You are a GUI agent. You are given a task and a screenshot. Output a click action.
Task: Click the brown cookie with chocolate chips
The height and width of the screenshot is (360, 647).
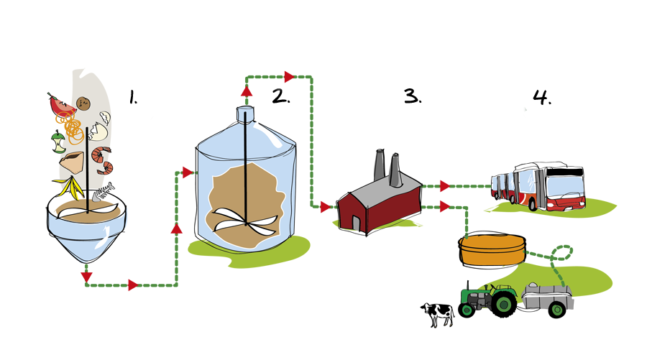83,104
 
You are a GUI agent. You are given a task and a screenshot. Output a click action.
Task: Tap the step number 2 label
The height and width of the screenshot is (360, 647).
280,96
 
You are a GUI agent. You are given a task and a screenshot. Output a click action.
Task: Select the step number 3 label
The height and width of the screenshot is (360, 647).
413,96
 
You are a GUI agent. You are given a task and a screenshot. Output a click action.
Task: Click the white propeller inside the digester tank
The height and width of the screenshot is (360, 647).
241,222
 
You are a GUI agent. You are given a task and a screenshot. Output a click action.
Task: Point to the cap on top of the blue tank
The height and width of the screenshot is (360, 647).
246,113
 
